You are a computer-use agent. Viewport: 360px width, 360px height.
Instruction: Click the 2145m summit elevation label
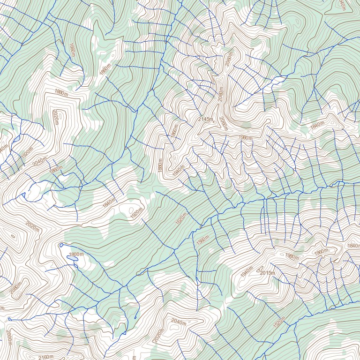(205, 120)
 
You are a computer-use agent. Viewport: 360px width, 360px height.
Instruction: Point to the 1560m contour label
(203, 240)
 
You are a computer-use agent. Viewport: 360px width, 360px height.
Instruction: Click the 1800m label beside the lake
(76, 255)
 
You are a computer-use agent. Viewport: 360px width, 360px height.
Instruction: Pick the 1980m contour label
(292, 256)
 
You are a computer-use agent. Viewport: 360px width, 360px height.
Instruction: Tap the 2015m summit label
(267, 273)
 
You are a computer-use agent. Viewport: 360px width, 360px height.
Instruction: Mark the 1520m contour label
(279, 323)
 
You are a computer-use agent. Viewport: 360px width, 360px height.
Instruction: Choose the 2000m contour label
(9, 337)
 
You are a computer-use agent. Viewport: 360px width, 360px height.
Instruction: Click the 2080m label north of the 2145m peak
(229, 60)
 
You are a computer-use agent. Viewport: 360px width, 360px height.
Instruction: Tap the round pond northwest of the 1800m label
(61, 245)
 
